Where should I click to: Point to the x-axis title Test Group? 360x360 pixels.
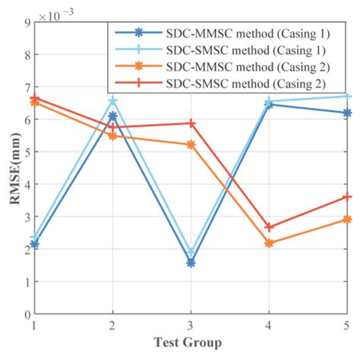[x=191, y=343]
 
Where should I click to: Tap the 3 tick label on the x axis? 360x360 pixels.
[x=191, y=325]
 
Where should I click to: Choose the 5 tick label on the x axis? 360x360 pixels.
[x=347, y=325]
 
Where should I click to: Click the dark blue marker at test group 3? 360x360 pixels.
[x=191, y=263]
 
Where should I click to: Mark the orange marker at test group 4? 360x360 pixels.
[x=270, y=243]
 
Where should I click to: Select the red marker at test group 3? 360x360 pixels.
[x=191, y=123]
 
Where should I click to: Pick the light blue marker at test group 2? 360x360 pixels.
[x=112, y=100]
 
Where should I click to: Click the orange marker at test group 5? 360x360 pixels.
[x=348, y=219]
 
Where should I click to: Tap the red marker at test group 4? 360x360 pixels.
[x=270, y=227]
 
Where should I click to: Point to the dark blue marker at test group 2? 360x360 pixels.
[x=112, y=116]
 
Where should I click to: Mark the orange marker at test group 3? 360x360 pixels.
[x=191, y=144]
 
